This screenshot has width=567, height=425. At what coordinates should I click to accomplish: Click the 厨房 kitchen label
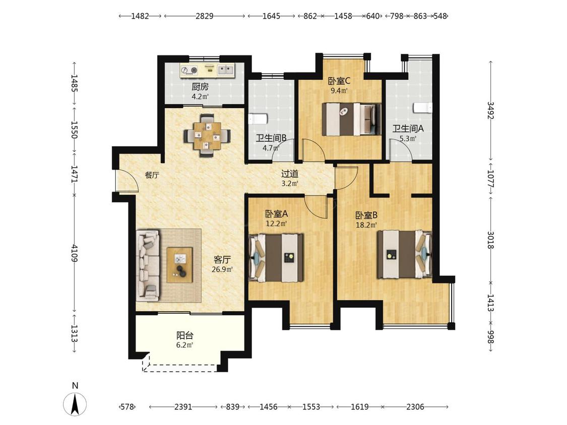(200, 87)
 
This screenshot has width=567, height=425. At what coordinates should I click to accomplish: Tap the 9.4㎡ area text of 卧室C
(339, 90)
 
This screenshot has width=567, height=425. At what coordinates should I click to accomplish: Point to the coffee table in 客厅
(179, 265)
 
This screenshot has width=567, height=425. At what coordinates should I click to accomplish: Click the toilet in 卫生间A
(422, 107)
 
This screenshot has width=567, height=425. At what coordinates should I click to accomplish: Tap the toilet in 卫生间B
(258, 118)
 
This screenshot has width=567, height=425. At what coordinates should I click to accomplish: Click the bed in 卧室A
(276, 257)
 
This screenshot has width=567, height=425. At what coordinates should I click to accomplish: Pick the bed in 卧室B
(405, 254)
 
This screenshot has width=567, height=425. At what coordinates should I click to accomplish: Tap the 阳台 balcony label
(185, 335)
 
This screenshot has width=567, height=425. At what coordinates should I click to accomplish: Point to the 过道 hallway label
(290, 174)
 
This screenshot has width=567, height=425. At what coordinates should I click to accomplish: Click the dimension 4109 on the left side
(75, 253)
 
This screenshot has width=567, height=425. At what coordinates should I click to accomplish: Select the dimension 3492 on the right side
(491, 110)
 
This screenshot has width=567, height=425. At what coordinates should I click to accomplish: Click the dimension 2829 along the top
(205, 16)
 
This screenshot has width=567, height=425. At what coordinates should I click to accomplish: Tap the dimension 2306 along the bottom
(415, 407)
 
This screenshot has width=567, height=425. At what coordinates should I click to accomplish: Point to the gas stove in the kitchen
(190, 70)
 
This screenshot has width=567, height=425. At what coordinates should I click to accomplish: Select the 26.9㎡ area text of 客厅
(222, 269)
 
